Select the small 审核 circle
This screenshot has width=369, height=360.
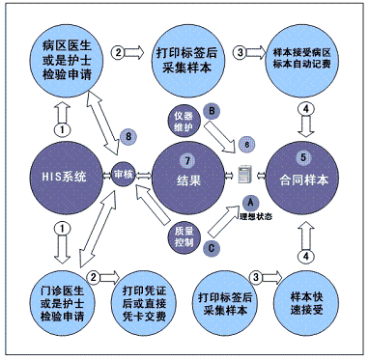pos(124,178)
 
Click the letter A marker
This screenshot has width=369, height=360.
pos(250,202)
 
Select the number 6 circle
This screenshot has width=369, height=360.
pos(248,143)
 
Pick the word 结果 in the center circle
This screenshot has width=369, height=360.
pos(190,180)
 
